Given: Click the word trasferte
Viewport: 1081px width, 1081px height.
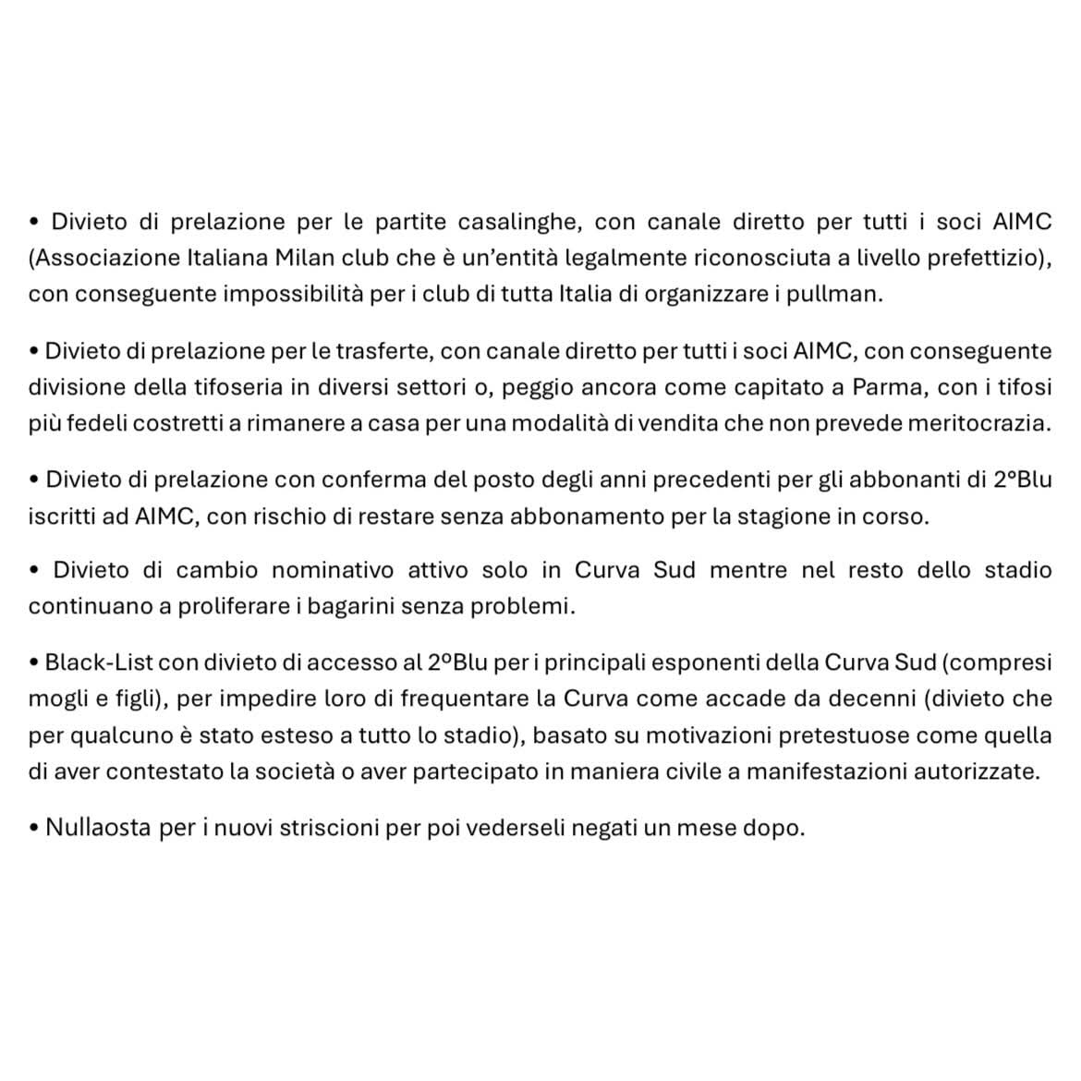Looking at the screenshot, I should tap(370, 351).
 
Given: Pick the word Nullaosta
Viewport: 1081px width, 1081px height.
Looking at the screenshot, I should tap(98, 828).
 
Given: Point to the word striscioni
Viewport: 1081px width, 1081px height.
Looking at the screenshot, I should tap(319, 828).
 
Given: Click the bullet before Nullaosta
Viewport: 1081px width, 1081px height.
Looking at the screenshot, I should tap(34, 829).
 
